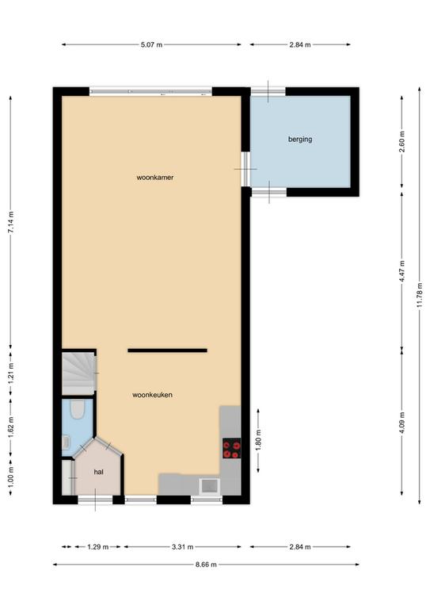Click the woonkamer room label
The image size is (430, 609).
click(154, 178)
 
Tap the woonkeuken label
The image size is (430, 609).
click(152, 395)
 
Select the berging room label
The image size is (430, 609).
click(300, 139)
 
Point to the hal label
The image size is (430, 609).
click(98, 472)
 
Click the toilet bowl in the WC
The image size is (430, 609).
click(78, 409)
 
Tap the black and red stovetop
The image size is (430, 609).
click(231, 448)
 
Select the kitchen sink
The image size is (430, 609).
click(209, 486)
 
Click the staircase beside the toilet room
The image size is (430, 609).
click(78, 373)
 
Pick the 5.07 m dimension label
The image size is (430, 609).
click(151, 44)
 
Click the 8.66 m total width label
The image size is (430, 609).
click(206, 565)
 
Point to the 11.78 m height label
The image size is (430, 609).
click(420, 295)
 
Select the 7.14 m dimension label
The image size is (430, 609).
click(11, 223)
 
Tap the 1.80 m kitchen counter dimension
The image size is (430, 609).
click(259, 439)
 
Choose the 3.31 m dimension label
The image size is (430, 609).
click(183, 547)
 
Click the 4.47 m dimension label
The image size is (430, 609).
click(402, 271)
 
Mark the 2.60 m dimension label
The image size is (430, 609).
click(402, 142)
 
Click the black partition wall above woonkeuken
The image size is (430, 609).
click(168, 350)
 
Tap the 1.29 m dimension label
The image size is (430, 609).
click(98, 547)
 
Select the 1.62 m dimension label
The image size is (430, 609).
click(11, 427)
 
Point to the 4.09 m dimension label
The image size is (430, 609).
click(402, 423)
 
